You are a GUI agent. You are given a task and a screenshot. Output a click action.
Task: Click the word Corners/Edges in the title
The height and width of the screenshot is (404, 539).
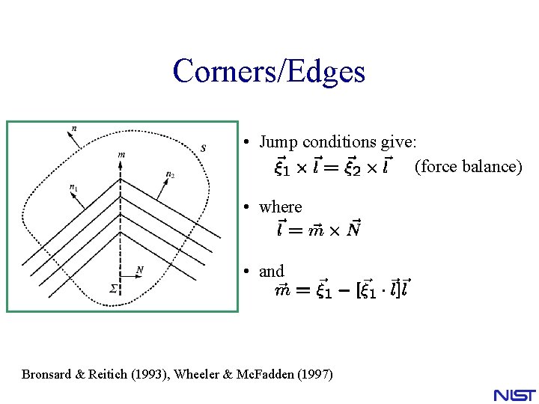tap(269, 71)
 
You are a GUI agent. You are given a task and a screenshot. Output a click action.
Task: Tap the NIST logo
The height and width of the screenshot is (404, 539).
tap(514, 394)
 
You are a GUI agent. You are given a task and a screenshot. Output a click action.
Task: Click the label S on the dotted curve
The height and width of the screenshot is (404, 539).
tap(203, 148)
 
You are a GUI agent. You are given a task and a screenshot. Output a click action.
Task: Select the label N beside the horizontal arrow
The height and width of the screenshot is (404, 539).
tap(139, 270)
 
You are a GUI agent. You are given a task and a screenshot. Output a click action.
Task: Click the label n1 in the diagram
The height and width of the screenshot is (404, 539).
tap(73, 187)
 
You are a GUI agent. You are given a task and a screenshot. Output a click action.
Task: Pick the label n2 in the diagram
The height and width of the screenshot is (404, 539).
tap(171, 174)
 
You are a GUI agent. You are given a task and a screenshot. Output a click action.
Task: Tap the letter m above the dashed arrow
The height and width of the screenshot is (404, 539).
tap(121, 155)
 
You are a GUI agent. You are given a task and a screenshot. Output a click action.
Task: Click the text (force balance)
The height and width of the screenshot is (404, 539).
tap(468, 166)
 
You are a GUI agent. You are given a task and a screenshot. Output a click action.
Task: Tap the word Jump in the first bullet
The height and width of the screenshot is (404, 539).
tap(278, 141)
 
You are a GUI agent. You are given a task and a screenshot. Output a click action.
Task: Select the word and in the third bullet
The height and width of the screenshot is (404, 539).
tap(271, 271)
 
